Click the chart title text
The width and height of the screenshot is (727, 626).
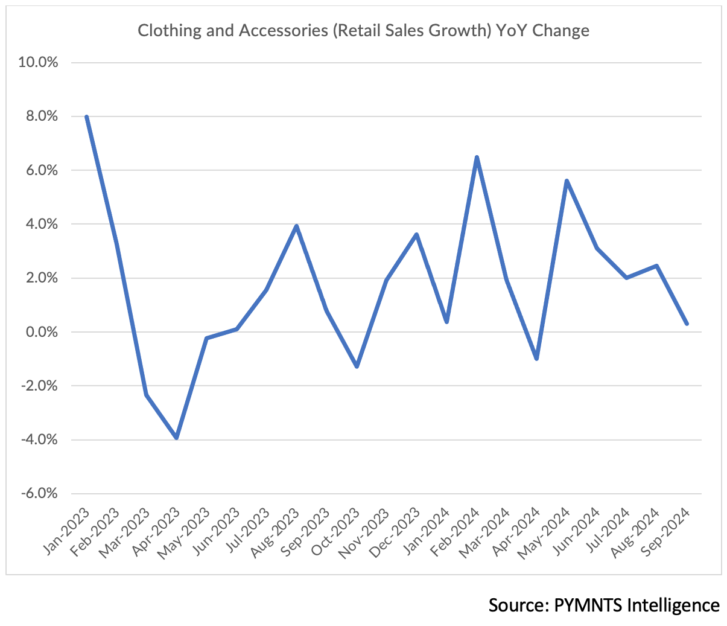tap(363, 30)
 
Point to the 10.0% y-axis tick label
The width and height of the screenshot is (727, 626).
tap(39, 62)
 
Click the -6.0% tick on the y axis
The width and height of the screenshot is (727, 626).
tap(39, 493)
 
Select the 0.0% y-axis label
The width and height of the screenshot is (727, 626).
tap(40, 332)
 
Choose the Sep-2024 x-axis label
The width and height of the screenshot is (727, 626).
tap(668, 531)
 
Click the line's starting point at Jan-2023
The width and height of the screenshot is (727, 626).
tap(86, 117)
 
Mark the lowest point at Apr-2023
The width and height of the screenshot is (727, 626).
tap(176, 438)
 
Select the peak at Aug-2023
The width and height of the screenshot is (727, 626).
tap(296, 226)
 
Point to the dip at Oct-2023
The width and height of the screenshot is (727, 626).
tap(357, 366)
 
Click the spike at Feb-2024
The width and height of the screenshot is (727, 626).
tap(477, 158)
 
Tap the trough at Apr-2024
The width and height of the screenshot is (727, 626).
tap(536, 359)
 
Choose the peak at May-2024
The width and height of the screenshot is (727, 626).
tap(567, 181)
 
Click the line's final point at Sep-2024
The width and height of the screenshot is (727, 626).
tap(687, 324)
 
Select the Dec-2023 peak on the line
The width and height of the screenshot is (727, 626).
tap(416, 235)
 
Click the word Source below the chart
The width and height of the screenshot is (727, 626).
tap(518, 605)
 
